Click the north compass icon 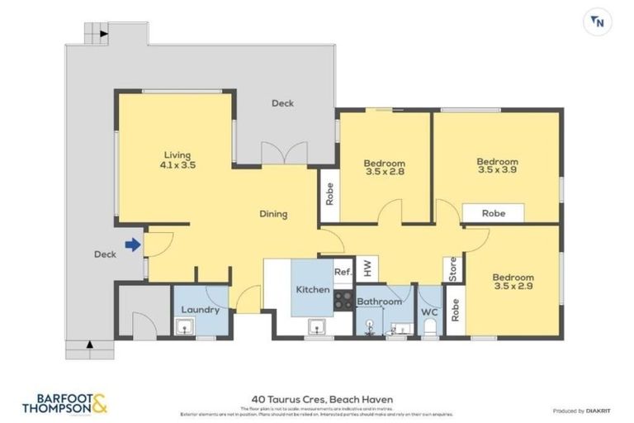pyautogui.click(x=597, y=22)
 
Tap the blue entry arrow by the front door pyautogui.click(x=132, y=244)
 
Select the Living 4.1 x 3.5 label pyautogui.click(x=177, y=159)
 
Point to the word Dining pyautogui.click(x=273, y=214)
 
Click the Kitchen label pyautogui.click(x=314, y=290)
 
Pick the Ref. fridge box pyautogui.click(x=343, y=272)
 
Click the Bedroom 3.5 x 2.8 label pyautogui.click(x=385, y=168)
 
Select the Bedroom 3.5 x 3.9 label pyautogui.click(x=497, y=165)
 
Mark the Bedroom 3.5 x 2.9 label pyautogui.click(x=513, y=282)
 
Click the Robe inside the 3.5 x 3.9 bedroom pyautogui.click(x=493, y=213)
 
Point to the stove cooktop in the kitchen pyautogui.click(x=343, y=302)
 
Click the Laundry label pyautogui.click(x=200, y=310)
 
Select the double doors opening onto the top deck pyautogui.click(x=277, y=154)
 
